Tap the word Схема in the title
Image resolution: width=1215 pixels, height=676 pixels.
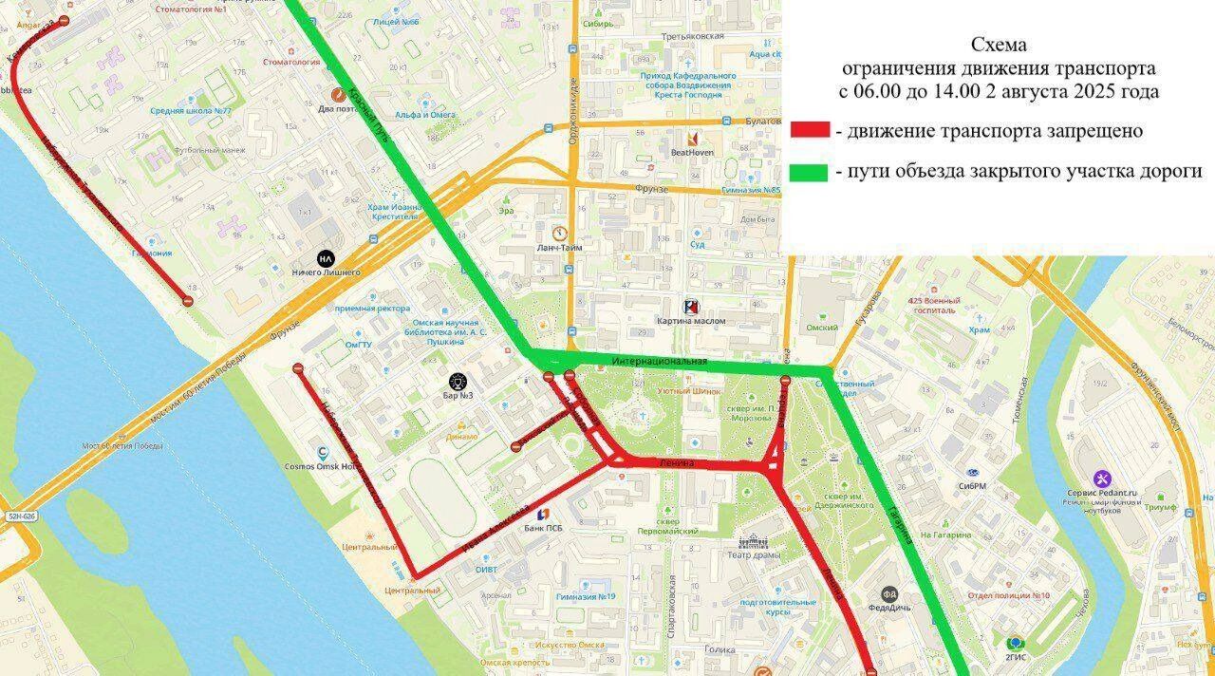point(998,46)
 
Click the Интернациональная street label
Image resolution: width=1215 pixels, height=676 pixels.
point(661,363)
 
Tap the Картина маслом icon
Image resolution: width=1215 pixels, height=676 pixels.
point(692,307)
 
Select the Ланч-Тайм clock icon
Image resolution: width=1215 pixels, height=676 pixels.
point(559,233)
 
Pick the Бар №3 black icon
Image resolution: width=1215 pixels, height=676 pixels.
point(459,381)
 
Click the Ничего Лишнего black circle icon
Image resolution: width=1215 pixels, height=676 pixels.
point(326,258)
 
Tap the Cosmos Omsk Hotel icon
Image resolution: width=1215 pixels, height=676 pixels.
point(324,453)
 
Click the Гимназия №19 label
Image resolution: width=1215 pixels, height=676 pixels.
point(588,596)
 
